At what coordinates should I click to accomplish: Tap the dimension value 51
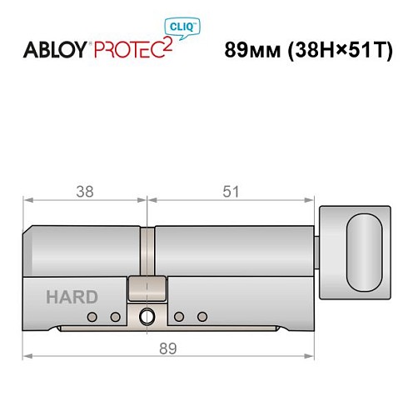(x=231, y=191)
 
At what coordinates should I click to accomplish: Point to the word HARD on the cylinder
(x=71, y=297)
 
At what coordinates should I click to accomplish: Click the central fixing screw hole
(x=147, y=317)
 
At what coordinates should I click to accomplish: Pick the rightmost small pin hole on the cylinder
(x=202, y=317)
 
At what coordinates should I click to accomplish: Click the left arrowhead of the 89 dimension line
(x=26, y=356)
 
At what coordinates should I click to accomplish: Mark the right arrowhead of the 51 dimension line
(x=315, y=200)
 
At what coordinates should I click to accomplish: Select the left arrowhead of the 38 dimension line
(x=26, y=200)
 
